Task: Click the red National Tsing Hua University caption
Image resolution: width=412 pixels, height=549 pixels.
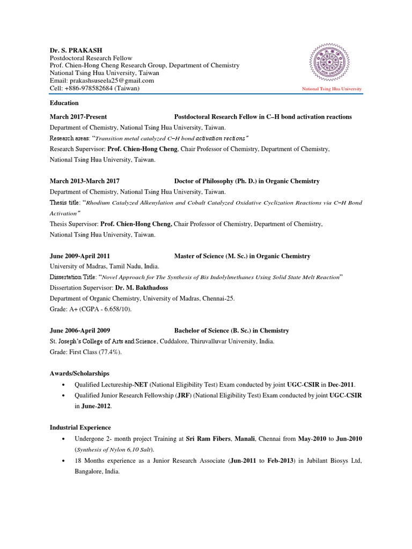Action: tap(332, 88)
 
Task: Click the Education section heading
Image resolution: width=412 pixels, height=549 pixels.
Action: tap(64, 103)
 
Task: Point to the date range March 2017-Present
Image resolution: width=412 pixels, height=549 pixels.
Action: tap(78, 116)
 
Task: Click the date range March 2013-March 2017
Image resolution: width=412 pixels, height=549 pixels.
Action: tap(85, 181)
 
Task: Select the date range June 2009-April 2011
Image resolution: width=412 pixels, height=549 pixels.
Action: tap(80, 256)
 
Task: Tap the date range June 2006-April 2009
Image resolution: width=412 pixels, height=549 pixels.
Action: tap(80, 330)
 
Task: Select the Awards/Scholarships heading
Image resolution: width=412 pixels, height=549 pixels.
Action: tap(79, 373)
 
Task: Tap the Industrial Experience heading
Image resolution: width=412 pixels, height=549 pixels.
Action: tap(80, 427)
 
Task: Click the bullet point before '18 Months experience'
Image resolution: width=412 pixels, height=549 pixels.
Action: tap(64, 461)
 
